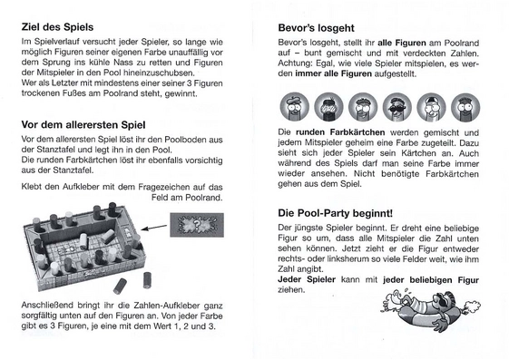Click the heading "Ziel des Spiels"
pos(57,27)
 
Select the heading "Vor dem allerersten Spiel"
pos(83,125)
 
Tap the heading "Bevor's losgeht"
pos(316,28)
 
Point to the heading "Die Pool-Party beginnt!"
pos(336,213)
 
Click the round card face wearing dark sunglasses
pos(397,107)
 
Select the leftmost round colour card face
pos(295,107)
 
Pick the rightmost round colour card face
pos(465,107)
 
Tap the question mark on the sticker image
pos(197,224)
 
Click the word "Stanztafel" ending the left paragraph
pos(74,170)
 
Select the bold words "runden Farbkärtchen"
pos(340,132)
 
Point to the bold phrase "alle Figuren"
pos(402,43)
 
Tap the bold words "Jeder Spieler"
pos(307,279)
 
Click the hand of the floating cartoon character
pos(441,325)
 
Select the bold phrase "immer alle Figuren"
pos(333,74)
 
